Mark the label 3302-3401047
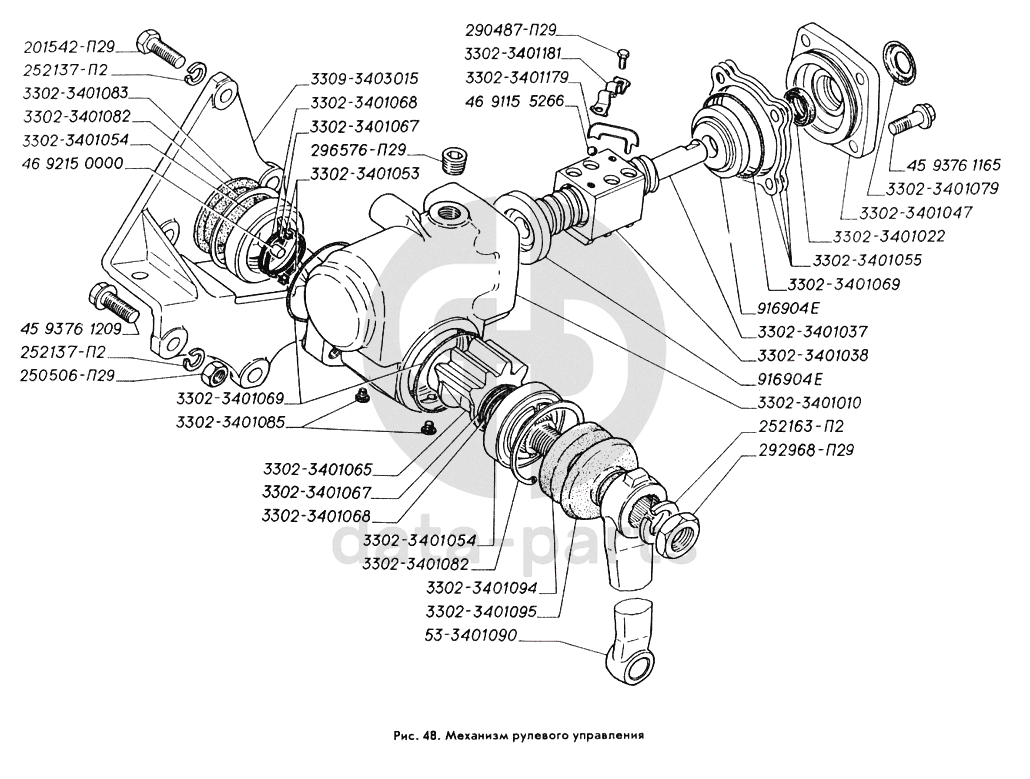click(907, 212)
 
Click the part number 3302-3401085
click(232, 423)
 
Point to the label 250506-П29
click(68, 376)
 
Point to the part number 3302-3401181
click(519, 53)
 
